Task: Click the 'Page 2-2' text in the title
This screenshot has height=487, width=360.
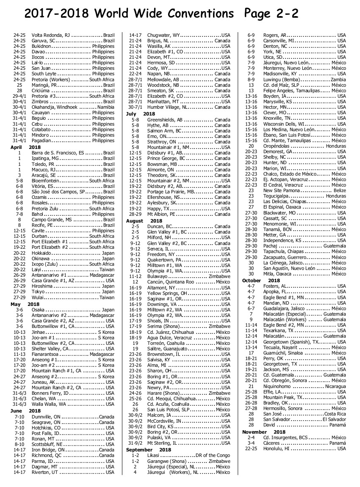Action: (x=271, y=14)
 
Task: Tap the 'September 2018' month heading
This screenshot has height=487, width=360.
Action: (x=148, y=449)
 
